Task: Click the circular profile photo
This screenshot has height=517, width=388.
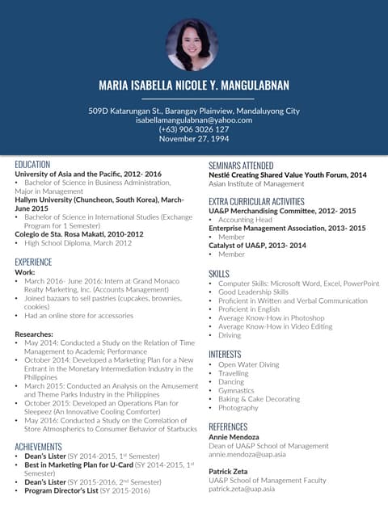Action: [x=192, y=44]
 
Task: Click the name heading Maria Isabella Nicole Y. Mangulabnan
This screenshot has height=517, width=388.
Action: [x=194, y=86]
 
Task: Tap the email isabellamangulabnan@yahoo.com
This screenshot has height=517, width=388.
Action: [x=194, y=120]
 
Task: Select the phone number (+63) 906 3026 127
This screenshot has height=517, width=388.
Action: [x=194, y=129]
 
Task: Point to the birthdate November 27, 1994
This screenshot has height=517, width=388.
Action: [x=194, y=139]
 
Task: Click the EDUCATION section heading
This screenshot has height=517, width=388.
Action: [x=32, y=164]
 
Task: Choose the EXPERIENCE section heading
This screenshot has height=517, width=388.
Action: [x=33, y=262]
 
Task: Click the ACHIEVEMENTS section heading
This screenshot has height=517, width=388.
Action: [x=38, y=446]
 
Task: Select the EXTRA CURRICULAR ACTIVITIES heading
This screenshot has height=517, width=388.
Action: [x=256, y=201]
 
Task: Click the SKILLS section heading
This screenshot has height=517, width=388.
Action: [x=219, y=274]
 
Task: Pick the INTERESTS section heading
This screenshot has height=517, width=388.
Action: [x=225, y=354]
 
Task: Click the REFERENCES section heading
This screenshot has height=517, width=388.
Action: [x=228, y=427]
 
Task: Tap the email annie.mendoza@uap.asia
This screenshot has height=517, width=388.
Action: [x=247, y=454]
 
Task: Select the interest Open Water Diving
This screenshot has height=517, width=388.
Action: [x=248, y=364]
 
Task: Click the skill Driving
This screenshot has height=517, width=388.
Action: [x=230, y=334]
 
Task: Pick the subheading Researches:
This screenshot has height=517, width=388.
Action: [x=37, y=334]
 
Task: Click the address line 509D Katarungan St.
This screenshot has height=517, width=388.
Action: [x=194, y=111]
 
